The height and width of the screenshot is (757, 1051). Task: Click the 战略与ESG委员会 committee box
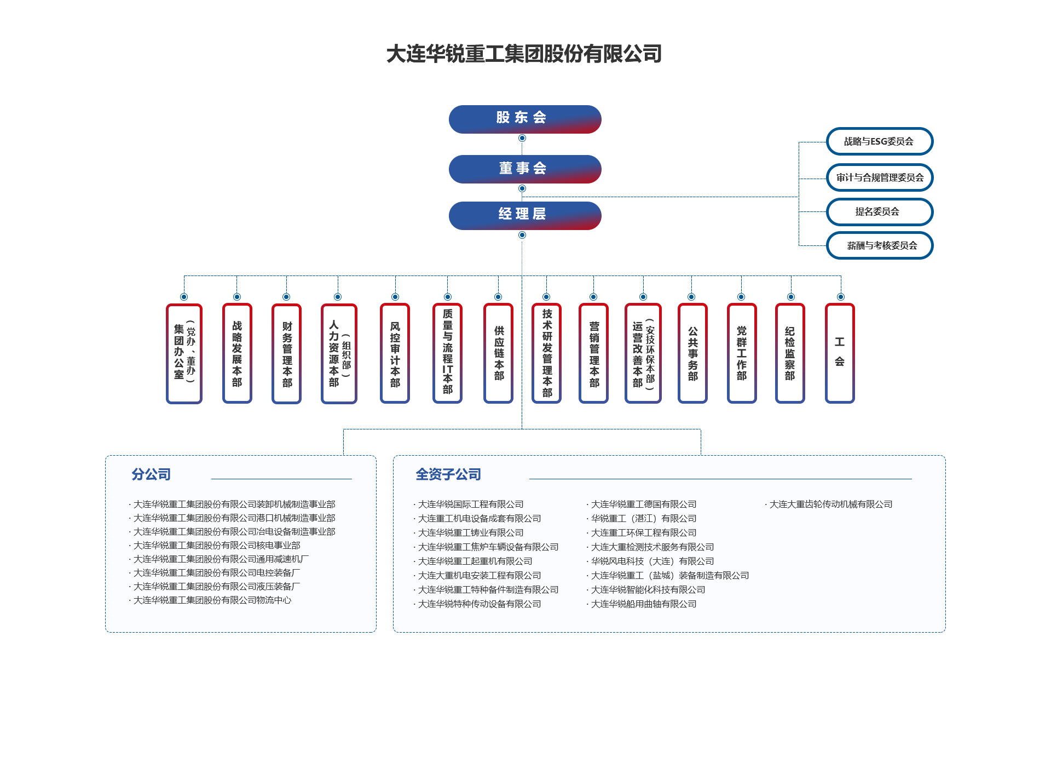click(879, 141)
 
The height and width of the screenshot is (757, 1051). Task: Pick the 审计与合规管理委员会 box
click(879, 177)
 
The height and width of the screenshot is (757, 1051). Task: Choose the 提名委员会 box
click(879, 211)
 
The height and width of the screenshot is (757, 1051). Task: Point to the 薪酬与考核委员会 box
click(879, 245)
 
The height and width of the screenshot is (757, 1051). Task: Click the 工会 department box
click(839, 353)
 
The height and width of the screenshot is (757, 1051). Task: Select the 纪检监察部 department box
click(789, 353)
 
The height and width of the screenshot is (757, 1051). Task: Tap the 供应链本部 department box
click(498, 353)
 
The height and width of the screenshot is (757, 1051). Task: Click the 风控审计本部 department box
click(395, 353)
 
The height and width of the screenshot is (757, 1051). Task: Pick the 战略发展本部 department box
click(236, 353)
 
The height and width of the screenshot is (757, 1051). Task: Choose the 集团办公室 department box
click(184, 353)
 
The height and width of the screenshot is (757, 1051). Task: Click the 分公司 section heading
click(151, 474)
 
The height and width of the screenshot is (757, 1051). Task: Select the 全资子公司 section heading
click(448, 474)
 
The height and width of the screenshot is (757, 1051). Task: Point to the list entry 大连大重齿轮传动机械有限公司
click(830, 504)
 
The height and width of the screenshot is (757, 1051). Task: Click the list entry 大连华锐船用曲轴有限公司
click(643, 604)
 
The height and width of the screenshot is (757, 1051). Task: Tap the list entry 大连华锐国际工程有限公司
click(470, 504)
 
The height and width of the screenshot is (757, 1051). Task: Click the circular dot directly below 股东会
click(522, 138)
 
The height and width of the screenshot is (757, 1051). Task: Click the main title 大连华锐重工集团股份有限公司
click(524, 54)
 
